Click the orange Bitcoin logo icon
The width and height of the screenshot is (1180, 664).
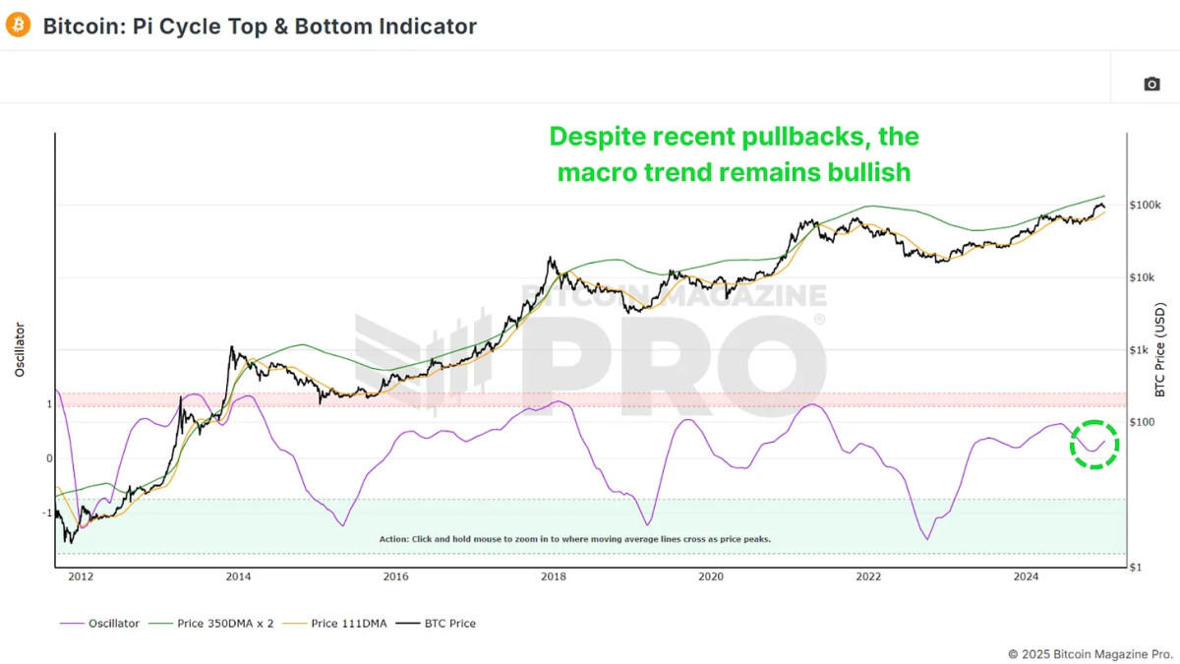(19, 26)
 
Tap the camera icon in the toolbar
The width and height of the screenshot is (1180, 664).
(1151, 84)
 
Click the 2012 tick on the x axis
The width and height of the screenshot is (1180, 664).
(80, 576)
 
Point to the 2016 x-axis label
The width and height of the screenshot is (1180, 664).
(395, 576)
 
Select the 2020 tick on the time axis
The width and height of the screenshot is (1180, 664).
(711, 576)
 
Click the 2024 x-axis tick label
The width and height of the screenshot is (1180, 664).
(1026, 576)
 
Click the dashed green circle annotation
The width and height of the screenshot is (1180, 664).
(1094, 444)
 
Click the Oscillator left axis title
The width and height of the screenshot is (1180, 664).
(20, 349)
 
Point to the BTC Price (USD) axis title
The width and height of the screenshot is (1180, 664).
(1160, 349)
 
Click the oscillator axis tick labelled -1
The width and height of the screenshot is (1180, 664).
(47, 513)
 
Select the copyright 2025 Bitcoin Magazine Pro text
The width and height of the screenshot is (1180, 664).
(1091, 653)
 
